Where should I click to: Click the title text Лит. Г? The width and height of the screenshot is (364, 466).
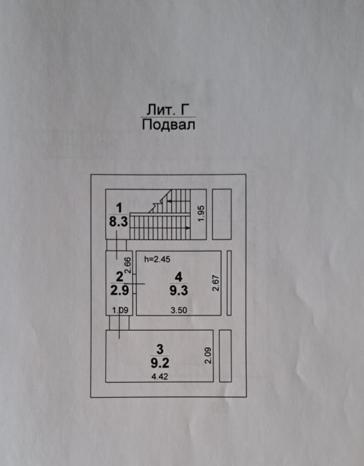pyautogui.click(x=168, y=110)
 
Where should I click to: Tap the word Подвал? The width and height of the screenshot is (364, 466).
pyautogui.click(x=168, y=125)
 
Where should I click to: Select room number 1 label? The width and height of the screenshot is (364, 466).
pyautogui.click(x=119, y=208)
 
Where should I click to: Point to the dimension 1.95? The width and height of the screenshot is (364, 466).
pyautogui.click(x=201, y=213)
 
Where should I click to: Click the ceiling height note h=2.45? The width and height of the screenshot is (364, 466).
pyautogui.click(x=157, y=259)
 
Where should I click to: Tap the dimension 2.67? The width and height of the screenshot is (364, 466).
pyautogui.click(x=215, y=283)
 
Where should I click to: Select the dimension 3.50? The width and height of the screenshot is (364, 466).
pyautogui.click(x=179, y=310)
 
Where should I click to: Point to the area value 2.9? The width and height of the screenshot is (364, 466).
pyautogui.click(x=119, y=290)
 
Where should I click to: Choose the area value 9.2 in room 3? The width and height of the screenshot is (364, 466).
pyautogui.click(x=160, y=363)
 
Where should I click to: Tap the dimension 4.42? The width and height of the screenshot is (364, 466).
pyautogui.click(x=160, y=377)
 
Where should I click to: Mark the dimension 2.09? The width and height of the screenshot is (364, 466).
pyautogui.click(x=207, y=355)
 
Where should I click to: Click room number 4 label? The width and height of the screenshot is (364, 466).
pyautogui.click(x=179, y=277)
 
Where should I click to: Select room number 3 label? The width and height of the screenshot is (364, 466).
pyautogui.click(x=160, y=349)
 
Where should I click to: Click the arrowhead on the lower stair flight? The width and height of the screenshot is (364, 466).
pyautogui.click(x=188, y=228)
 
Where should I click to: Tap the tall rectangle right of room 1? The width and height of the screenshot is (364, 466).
pyautogui.click(x=222, y=214)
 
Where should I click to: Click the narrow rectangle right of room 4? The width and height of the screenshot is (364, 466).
pyautogui.click(x=229, y=283)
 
